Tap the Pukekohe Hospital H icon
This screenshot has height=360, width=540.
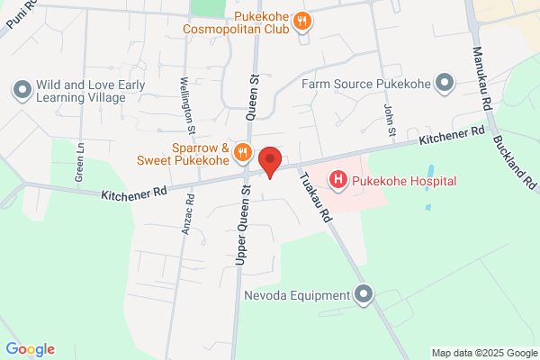338,180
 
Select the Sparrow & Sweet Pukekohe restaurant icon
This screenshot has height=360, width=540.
241,153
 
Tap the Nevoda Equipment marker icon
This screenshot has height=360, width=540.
364,294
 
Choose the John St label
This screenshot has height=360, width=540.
390,121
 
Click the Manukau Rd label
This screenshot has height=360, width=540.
484,81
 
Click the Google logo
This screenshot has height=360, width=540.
30,349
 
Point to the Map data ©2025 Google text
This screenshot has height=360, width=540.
482,352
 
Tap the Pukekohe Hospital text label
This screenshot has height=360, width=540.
404,181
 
